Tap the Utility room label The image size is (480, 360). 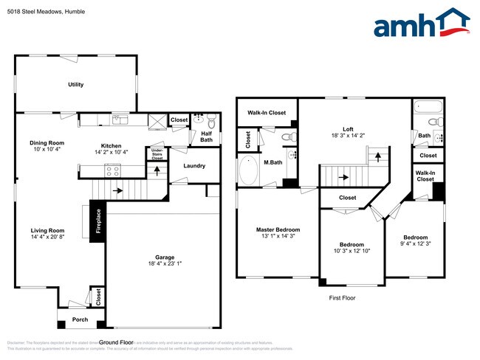pyautogui.click(x=75, y=85)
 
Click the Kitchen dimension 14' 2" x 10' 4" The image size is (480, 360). pyautogui.click(x=112, y=153)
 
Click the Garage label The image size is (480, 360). pyautogui.click(x=164, y=258)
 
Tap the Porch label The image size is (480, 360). pyautogui.click(x=79, y=319)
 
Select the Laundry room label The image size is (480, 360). pyautogui.click(x=194, y=166)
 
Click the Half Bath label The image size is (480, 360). pyautogui.click(x=206, y=136)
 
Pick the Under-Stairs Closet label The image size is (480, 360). pyautogui.click(x=157, y=153)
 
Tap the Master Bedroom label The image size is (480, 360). pyautogui.click(x=277, y=229)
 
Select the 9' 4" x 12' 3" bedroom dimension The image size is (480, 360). pyautogui.click(x=415, y=243)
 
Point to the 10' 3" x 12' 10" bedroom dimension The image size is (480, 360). pyautogui.click(x=352, y=252)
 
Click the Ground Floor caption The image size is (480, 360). pyautogui.click(x=116, y=342)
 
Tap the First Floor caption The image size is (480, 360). pyautogui.click(x=343, y=298)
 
